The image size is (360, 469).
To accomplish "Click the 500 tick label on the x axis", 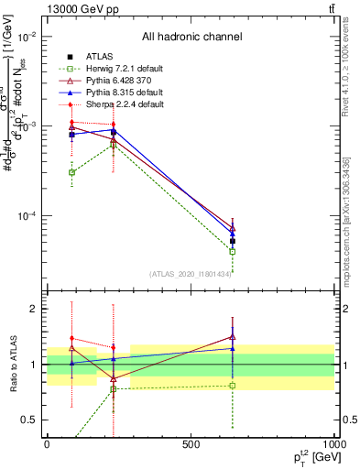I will tap(191, 444).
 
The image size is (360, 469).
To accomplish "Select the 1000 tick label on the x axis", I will tap(333, 444).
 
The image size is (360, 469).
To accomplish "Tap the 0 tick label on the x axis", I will tap(47, 444).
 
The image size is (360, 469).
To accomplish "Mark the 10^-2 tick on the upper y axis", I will tap(30, 37).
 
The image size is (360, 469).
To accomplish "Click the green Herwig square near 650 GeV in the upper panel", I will tap(233, 251).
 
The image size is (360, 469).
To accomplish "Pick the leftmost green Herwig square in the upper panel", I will tap(71, 172).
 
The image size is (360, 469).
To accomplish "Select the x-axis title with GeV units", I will tap(311, 457).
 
